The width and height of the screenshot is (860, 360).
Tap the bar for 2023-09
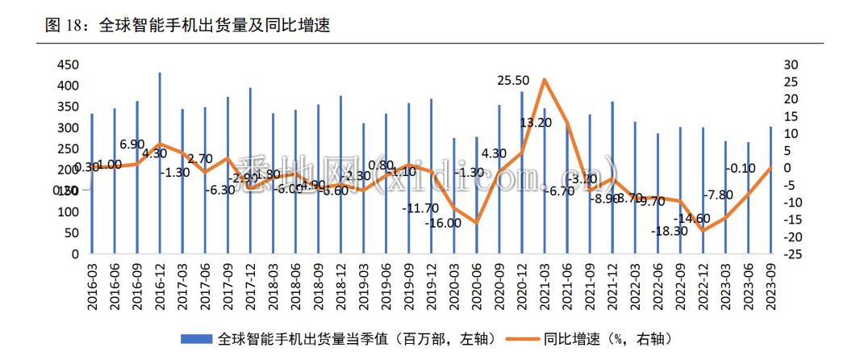click(770, 190)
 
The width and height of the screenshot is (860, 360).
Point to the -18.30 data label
click(671, 231)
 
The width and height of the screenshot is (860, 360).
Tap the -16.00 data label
click(445, 223)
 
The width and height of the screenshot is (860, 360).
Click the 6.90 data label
click(132, 144)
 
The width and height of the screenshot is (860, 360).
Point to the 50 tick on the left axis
click(72, 232)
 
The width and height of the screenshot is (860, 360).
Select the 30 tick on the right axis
click(791, 65)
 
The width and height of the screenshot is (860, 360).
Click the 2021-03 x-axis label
click(545, 287)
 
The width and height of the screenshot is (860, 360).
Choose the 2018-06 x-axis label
click(296, 287)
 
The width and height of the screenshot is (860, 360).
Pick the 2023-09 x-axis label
click(770, 287)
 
